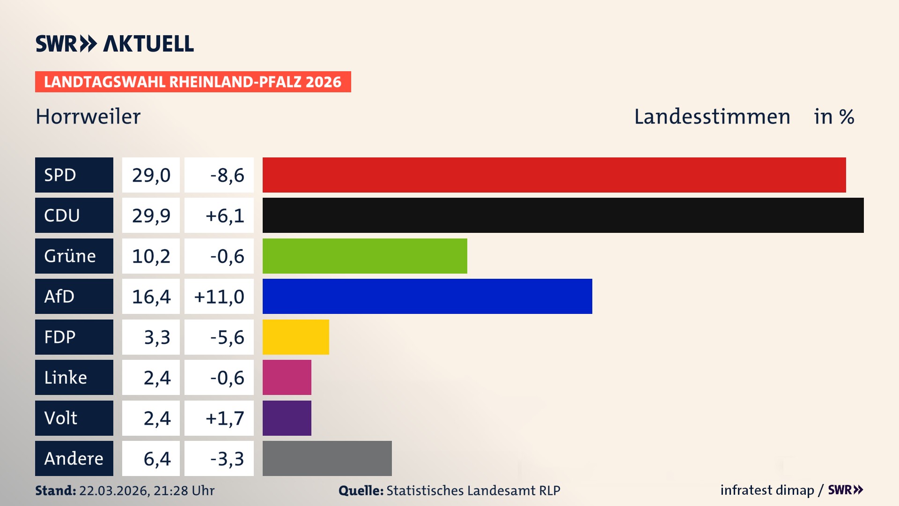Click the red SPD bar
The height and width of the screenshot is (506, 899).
554,175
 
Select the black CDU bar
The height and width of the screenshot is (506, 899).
563,215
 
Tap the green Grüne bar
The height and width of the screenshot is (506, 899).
365,256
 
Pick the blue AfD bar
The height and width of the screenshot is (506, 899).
427,296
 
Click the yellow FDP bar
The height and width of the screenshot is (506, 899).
295,337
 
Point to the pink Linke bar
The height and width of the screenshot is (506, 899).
287,377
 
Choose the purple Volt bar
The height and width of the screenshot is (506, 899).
287,418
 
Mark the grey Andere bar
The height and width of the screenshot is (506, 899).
327,458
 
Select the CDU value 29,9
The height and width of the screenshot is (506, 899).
151,216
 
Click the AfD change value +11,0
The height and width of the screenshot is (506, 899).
219,297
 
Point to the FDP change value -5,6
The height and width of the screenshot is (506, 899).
227,337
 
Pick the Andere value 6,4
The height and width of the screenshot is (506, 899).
157,459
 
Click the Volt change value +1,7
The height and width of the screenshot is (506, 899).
225,418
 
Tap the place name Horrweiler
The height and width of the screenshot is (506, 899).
88,117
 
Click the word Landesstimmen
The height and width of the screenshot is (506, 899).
712,117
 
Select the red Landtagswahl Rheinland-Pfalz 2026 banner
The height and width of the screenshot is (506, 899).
193,82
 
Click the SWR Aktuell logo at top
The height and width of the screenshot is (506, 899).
115,44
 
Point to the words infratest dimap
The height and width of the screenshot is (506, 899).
766,490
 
